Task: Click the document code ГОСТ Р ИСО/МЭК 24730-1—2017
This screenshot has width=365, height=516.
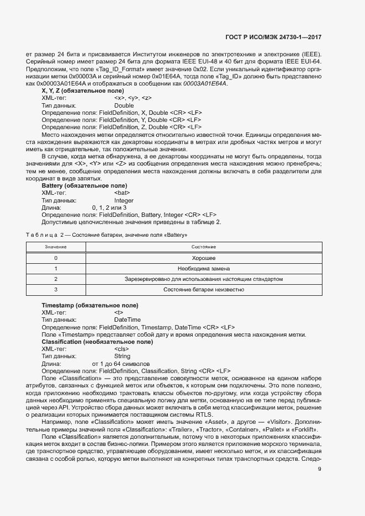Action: [273, 38]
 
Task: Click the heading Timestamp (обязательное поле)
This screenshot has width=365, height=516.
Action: [90, 306]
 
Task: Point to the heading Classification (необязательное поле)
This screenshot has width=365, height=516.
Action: [97, 342]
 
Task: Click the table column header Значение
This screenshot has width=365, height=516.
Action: [55, 246]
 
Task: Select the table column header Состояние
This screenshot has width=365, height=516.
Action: [203, 246]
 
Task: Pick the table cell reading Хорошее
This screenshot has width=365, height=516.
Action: [203, 258]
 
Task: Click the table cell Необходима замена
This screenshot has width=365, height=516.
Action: [203, 268]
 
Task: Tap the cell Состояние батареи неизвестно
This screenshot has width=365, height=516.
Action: [203, 289]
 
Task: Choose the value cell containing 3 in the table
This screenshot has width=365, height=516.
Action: [55, 289]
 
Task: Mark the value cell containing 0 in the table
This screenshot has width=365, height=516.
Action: [55, 258]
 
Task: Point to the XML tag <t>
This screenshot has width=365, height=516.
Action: [118, 313]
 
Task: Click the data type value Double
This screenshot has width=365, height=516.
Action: [124, 105]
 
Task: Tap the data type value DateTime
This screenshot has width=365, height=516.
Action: [127, 320]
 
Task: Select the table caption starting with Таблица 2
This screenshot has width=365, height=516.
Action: [116, 236]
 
